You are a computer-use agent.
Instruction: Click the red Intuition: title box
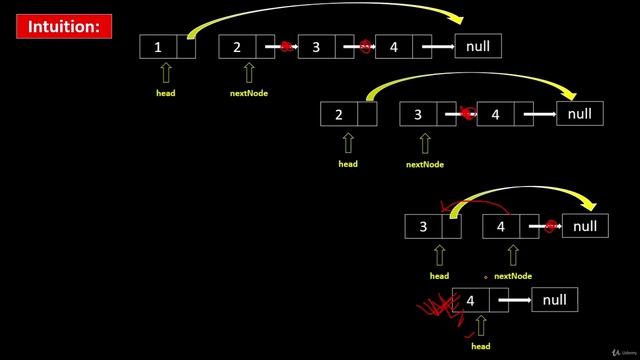click(x=63, y=27)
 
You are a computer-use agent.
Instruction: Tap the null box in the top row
click(x=478, y=46)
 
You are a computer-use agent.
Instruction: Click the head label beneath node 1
click(x=166, y=93)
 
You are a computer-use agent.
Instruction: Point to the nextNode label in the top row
click(x=248, y=93)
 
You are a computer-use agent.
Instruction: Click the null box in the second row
click(x=580, y=114)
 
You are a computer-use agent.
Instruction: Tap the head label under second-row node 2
click(x=348, y=163)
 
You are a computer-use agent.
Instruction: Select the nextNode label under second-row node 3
click(x=425, y=163)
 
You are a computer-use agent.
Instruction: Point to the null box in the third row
click(x=585, y=226)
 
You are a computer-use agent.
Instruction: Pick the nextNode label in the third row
click(x=513, y=275)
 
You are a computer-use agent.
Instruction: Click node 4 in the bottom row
click(x=471, y=300)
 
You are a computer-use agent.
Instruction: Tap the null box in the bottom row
click(x=554, y=300)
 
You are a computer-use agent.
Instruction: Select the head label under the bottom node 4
click(x=481, y=346)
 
